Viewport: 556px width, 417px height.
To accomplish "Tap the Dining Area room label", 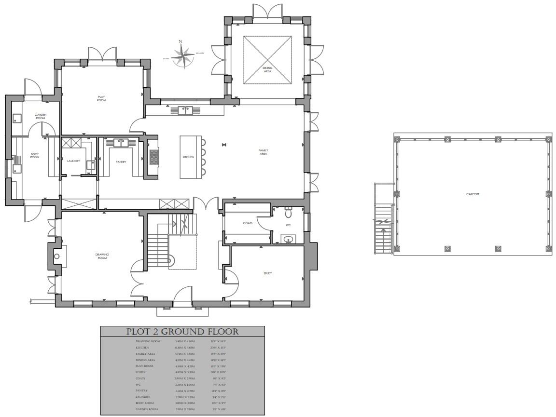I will click(267, 69).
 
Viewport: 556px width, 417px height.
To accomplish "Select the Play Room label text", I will click(101, 98).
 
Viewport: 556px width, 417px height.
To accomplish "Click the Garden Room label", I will click(40, 116).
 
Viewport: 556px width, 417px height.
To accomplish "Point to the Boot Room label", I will click(35, 156).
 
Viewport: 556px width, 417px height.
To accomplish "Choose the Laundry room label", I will click(73, 161).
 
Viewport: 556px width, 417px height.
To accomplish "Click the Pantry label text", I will click(121, 162).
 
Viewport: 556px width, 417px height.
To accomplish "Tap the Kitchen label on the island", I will click(188, 157).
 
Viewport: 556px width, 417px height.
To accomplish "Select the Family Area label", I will click(263, 152).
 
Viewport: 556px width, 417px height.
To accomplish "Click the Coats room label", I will click(248, 223).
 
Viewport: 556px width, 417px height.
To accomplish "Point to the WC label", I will click(288, 225).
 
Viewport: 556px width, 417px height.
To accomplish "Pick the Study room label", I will click(267, 273).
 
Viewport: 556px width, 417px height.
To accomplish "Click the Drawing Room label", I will click(102, 256).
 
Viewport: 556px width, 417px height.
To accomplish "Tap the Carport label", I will click(473, 194).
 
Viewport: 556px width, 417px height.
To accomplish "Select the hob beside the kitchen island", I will click(154, 157).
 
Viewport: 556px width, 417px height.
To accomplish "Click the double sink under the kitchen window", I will click(185, 110).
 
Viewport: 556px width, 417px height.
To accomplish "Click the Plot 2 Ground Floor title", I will click(182, 332).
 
